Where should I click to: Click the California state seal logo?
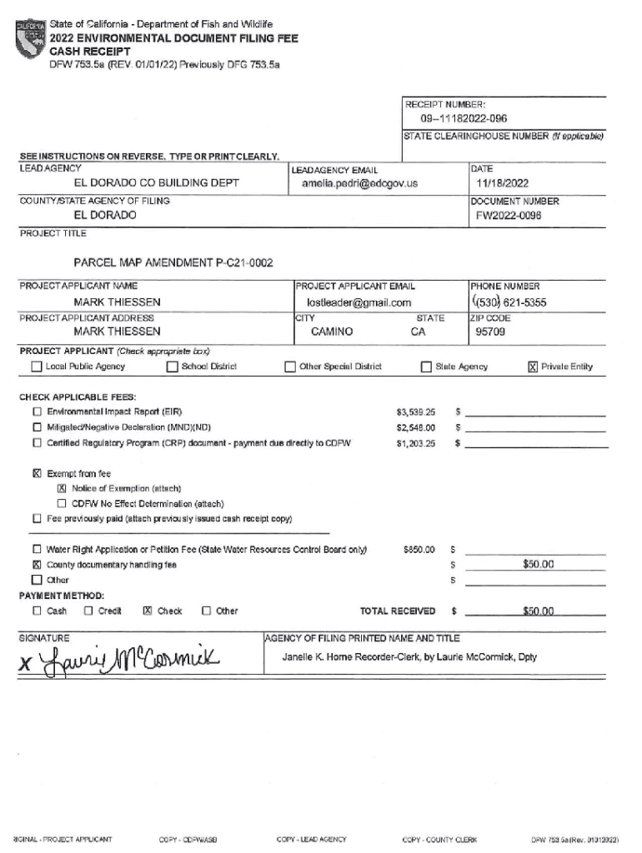(33, 38)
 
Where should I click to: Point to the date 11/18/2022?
(502, 182)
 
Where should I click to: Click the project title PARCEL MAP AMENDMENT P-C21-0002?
(173, 263)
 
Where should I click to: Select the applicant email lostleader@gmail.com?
(359, 302)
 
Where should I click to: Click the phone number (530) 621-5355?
(509, 302)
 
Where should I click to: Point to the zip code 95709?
(490, 332)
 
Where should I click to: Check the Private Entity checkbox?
(533, 367)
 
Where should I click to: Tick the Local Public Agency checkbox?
(37, 367)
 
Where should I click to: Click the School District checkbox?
(173, 367)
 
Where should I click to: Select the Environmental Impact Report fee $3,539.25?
(415, 412)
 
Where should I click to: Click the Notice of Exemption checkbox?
(62, 488)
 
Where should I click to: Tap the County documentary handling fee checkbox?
(37, 565)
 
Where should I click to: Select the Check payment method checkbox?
(148, 611)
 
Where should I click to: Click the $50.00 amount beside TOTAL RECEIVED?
(538, 611)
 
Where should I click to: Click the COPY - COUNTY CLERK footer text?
(439, 839)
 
